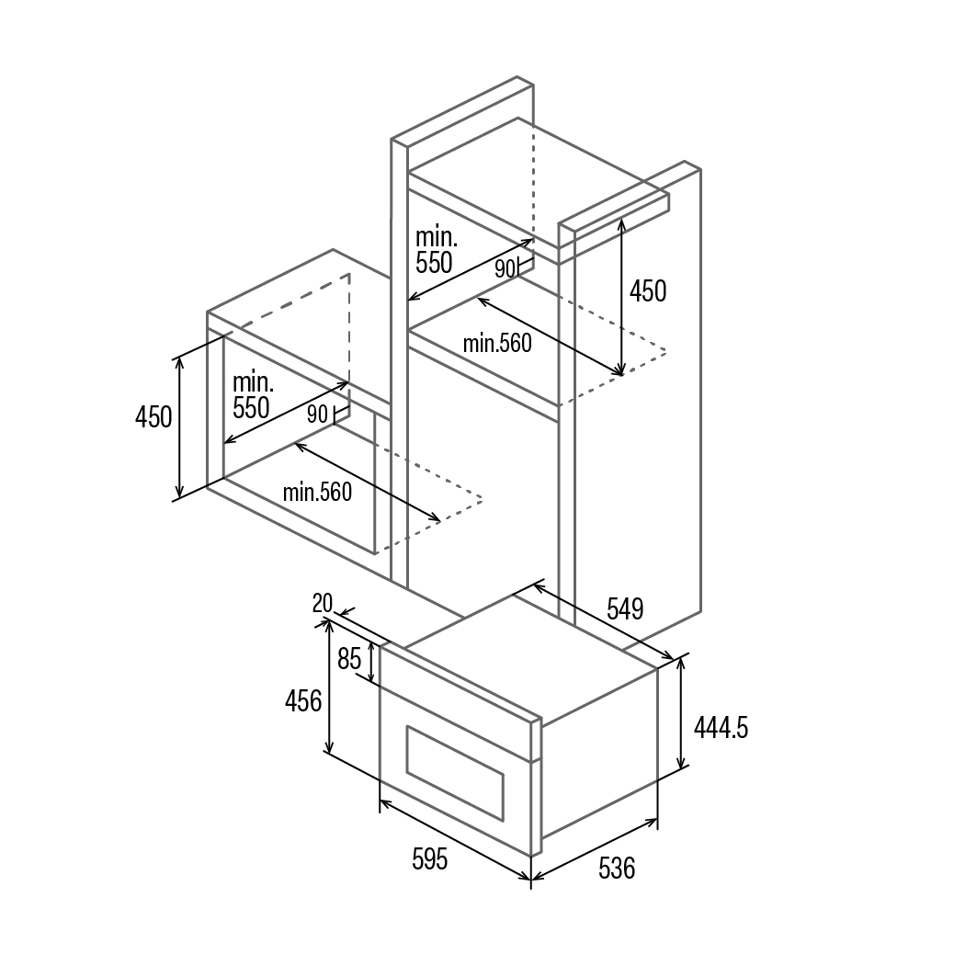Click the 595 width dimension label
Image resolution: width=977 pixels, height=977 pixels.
(x=429, y=859)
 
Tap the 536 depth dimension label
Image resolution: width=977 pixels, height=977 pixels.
(x=616, y=868)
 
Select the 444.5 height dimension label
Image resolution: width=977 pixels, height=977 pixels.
(x=721, y=727)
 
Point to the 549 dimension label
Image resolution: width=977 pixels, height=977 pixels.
(x=625, y=608)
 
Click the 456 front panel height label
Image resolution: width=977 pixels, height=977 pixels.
(x=303, y=701)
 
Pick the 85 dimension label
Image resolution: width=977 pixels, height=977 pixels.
(x=349, y=659)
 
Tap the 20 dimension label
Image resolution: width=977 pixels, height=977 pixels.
(x=323, y=603)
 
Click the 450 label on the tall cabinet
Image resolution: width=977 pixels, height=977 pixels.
(x=647, y=291)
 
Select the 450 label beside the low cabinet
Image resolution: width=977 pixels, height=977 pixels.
(x=153, y=417)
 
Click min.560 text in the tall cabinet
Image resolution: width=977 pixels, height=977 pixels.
(x=497, y=344)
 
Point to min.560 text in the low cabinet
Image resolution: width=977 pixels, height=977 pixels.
(x=317, y=493)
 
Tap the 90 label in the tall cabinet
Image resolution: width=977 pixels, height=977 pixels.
(x=505, y=268)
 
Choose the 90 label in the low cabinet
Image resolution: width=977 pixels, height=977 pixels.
(x=317, y=415)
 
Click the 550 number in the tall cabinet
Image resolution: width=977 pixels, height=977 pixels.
(x=434, y=263)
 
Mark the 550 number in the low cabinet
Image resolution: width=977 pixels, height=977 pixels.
(x=251, y=408)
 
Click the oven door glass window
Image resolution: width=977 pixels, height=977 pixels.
(x=455, y=773)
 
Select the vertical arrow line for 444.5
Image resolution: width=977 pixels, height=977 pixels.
(x=681, y=713)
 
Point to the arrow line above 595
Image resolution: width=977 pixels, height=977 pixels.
(x=456, y=840)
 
